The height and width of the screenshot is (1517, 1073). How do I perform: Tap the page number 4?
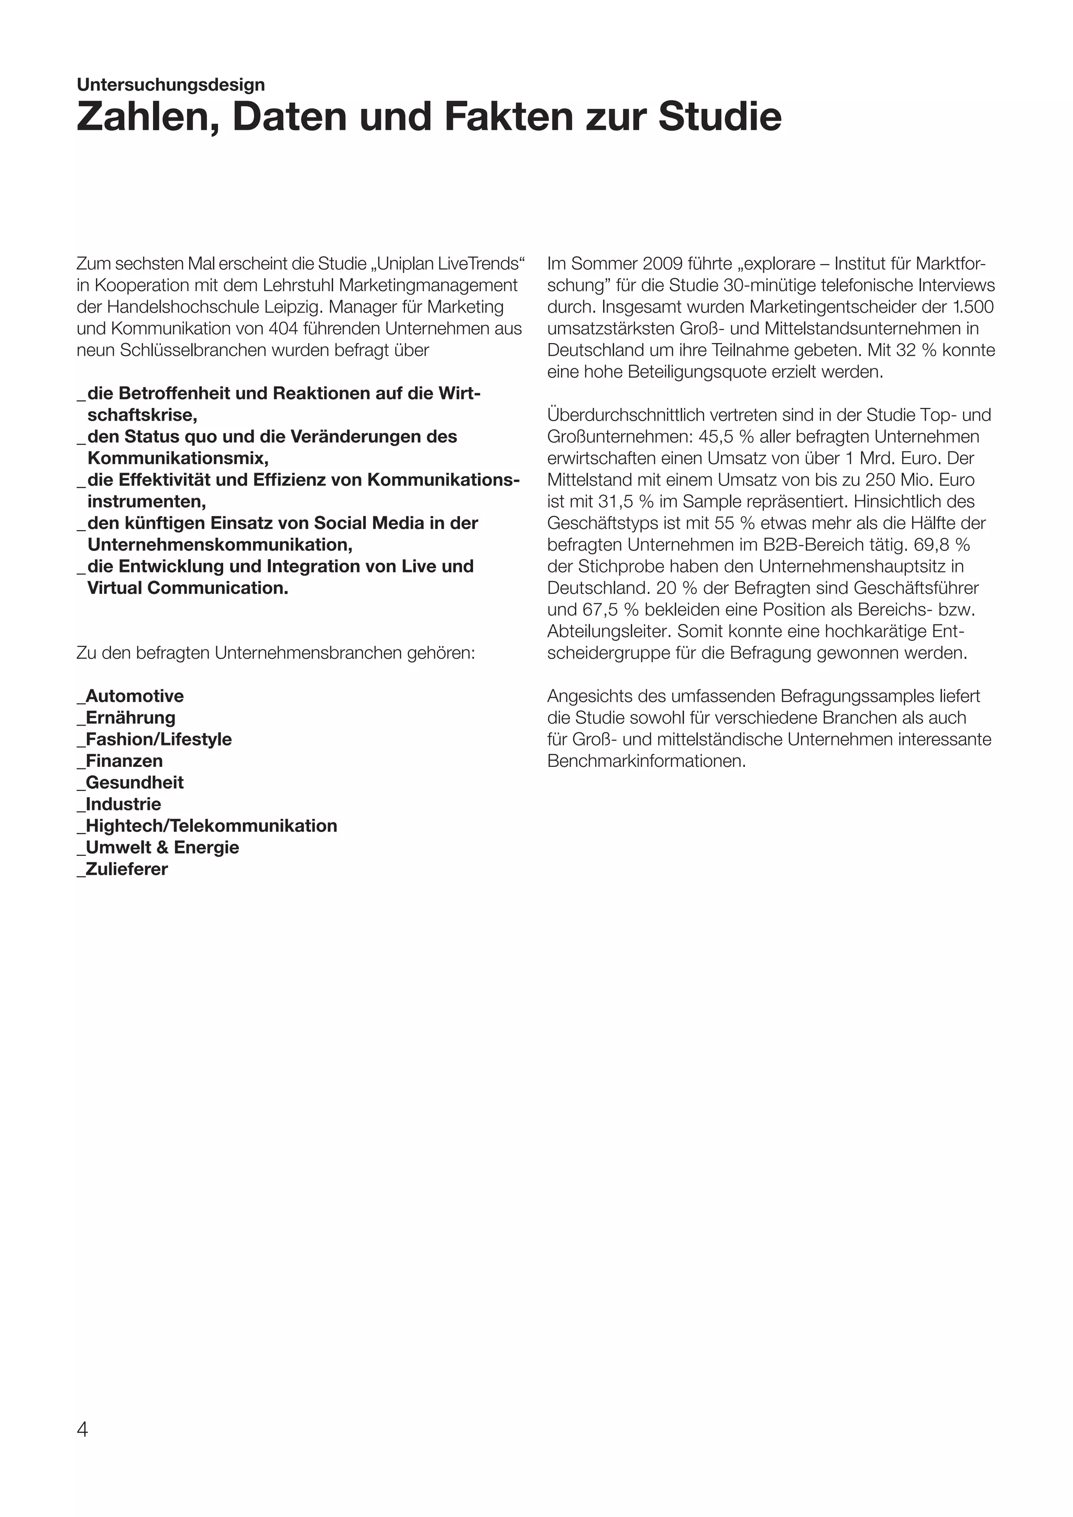83,1429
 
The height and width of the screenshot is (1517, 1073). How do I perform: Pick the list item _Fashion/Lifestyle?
155,739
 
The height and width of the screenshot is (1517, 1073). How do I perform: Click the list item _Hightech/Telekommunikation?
207,826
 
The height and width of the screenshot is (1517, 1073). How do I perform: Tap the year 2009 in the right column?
663,265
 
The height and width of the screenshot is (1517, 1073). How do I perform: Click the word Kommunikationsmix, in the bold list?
178,458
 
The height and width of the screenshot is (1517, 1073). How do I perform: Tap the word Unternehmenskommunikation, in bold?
220,545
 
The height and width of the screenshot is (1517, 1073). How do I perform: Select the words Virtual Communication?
188,588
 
